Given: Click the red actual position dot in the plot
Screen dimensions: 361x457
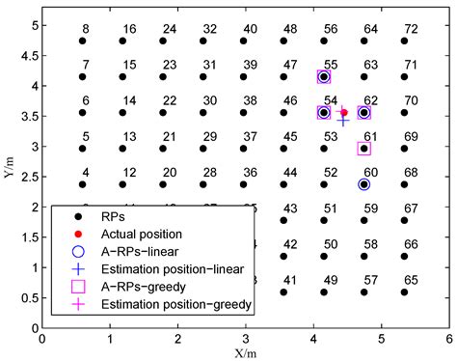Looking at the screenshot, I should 343,112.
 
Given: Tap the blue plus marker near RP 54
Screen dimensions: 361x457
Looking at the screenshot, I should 343,120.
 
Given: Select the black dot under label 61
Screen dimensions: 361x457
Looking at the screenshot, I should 363,148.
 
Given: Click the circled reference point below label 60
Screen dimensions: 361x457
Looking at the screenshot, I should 363,184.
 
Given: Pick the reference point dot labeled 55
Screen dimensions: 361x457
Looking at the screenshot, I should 324,76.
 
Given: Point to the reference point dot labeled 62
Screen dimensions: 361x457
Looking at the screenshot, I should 363,113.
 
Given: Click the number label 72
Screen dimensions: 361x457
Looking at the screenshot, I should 411,30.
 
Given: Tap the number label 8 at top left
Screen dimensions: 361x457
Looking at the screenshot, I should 86,30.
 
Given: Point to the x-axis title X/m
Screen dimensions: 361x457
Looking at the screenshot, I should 245,351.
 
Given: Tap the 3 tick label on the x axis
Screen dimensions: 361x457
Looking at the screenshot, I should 245,339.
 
